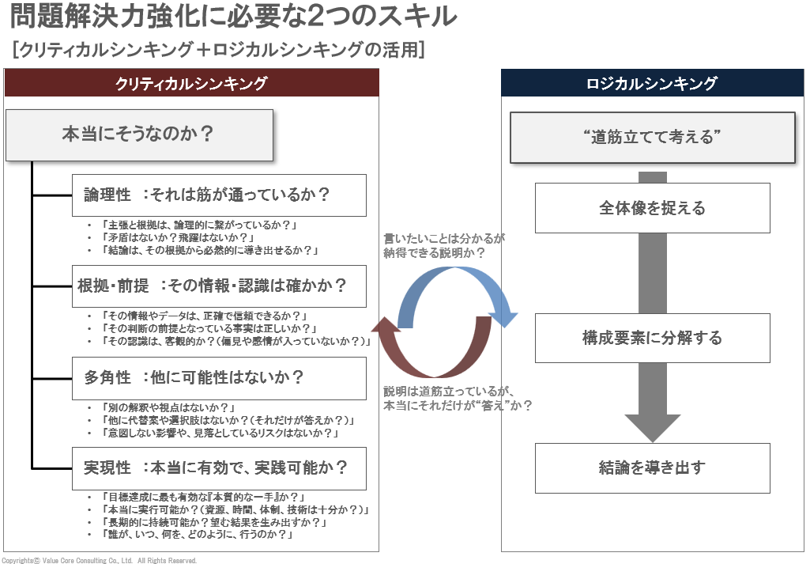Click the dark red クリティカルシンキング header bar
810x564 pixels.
tap(192, 83)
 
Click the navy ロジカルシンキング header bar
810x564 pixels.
tap(653, 83)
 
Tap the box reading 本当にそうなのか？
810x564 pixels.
tap(139, 135)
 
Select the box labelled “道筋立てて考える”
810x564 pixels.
tap(653, 138)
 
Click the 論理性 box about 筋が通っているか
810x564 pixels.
tap(219, 195)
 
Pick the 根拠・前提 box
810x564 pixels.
tap(219, 286)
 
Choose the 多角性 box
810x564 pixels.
tap(219, 378)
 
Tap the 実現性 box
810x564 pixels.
tap(219, 468)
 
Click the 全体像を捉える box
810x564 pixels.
tap(653, 208)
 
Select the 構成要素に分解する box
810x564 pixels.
tap(653, 338)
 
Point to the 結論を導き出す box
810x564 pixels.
tap(653, 467)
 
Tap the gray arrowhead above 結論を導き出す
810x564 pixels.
tap(653, 428)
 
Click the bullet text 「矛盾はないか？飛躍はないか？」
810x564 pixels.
tap(178, 238)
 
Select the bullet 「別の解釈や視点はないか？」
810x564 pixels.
tap(168, 408)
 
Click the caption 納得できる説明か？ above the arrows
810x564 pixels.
tap(434, 253)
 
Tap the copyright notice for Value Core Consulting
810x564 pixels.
tap(100, 560)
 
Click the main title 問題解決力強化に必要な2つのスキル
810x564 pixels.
tap(233, 17)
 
